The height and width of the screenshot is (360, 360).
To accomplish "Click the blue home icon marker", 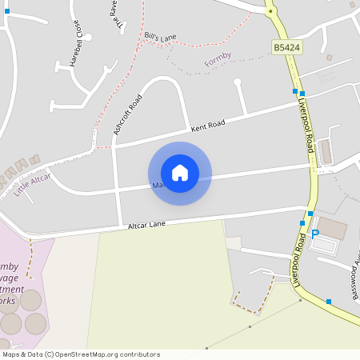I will pos(180,173).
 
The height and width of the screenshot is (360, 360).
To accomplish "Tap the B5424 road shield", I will pos(286,49).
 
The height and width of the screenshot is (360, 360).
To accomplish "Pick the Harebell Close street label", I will pos(76,42).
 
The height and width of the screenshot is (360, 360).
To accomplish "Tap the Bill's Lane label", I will pos(160,37).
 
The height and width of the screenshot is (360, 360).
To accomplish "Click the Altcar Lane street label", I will pos(146,226).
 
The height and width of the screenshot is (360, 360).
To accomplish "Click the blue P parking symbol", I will pos(314,234).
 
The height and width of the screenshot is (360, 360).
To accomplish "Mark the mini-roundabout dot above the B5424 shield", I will pos(270,11).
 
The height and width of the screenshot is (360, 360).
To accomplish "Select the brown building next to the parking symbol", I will pos(333,229).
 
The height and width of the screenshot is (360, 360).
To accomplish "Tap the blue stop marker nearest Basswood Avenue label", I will pos(329,302).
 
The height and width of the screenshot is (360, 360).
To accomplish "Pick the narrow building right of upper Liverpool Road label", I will pos(326,150).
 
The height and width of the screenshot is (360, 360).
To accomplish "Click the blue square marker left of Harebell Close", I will pos(6,11).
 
